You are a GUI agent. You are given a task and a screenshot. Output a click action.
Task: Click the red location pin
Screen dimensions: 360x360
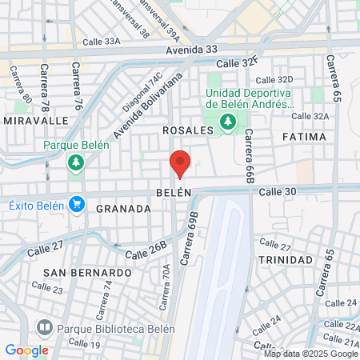pyautogui.click(x=180, y=163)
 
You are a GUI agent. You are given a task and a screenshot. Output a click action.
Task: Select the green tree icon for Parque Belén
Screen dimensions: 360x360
pyautogui.click(x=76, y=163)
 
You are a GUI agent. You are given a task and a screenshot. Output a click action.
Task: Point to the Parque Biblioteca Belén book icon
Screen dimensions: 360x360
pyautogui.click(x=45, y=327)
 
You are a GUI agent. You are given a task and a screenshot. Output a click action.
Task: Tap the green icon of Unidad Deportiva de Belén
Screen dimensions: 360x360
pyautogui.click(x=228, y=121)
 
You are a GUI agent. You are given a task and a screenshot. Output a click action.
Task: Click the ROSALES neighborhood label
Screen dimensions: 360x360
pyautogui.click(x=186, y=130)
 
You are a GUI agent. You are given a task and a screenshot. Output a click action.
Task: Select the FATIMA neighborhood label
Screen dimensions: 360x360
pyautogui.click(x=304, y=137)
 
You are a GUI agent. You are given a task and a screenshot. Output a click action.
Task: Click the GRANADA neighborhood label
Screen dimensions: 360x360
pyautogui.click(x=123, y=209)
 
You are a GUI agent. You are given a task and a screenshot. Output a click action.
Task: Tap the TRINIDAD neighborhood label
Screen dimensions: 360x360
pyautogui.click(x=285, y=260)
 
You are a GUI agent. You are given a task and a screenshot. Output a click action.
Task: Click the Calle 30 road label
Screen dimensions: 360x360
pyautogui.click(x=278, y=191)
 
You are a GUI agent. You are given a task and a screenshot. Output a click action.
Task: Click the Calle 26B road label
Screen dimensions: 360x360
pyautogui.click(x=150, y=250)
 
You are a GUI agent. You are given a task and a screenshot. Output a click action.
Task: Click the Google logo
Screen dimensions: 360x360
pyautogui.click(x=26, y=350)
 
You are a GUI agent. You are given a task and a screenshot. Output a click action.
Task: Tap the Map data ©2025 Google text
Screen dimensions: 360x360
pyautogui.click(x=311, y=354)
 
